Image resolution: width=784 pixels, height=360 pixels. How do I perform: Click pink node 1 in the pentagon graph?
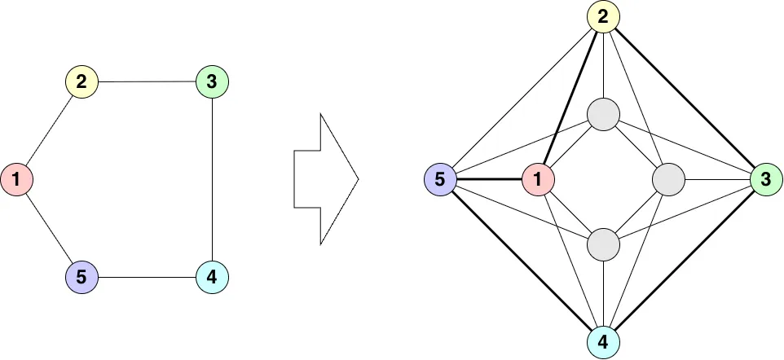pyautogui.click(x=16, y=179)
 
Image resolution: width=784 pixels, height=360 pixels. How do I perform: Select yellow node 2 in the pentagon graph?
pyautogui.click(x=81, y=81)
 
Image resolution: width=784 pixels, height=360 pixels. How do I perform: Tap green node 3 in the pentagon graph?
pyautogui.click(x=212, y=81)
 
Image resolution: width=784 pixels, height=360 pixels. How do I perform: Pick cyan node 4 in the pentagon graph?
pyautogui.click(x=212, y=278)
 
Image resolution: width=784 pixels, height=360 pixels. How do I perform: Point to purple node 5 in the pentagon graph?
pyautogui.click(x=81, y=278)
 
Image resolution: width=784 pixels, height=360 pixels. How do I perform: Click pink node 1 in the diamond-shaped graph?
pyautogui.click(x=538, y=179)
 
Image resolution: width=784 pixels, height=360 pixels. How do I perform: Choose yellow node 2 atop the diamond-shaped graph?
pyautogui.click(x=603, y=16)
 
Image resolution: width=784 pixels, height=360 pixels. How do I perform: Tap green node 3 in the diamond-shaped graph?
pyautogui.click(x=766, y=179)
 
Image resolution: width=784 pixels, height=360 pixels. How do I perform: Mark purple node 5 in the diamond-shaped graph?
pyautogui.click(x=440, y=179)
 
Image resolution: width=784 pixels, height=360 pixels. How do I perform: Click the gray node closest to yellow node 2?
pyautogui.click(x=603, y=114)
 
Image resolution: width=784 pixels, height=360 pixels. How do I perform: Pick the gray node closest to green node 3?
pyautogui.click(x=668, y=179)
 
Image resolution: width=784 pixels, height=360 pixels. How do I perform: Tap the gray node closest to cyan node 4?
pyautogui.click(x=603, y=244)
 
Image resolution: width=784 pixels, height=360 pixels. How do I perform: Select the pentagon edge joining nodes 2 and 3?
pyautogui.click(x=147, y=81)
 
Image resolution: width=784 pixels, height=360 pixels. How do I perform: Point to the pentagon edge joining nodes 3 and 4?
pyautogui.click(x=212, y=179)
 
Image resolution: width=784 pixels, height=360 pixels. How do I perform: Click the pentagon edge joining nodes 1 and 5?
pyautogui.click(x=49, y=229)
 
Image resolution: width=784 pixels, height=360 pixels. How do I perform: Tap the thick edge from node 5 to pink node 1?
pyautogui.click(x=489, y=179)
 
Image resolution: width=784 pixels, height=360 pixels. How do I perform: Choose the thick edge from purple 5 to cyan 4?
pyautogui.click(x=522, y=261)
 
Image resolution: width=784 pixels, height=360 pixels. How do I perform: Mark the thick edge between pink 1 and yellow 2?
pyautogui.click(x=570, y=98)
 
